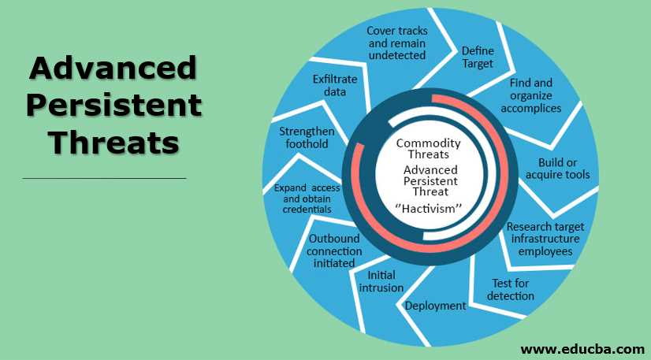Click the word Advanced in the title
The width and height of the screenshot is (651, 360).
tap(112, 69)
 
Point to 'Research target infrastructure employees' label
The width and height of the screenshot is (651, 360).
tap(545, 239)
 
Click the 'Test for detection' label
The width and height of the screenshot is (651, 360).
tap(511, 289)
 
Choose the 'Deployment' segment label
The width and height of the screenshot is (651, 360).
tap(435, 306)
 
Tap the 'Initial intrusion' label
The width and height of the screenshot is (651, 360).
tap(381, 281)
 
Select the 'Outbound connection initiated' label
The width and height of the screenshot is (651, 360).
tap(335, 251)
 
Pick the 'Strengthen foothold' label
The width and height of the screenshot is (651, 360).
tap(307, 137)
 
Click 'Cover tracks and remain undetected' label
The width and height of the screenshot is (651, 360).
tap(397, 43)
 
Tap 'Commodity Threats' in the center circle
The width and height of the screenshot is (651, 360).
tap(428, 148)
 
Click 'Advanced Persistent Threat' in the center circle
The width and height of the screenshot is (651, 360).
tap(426, 180)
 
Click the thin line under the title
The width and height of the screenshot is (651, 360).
tap(104, 179)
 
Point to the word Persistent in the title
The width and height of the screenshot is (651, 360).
tap(112, 106)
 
